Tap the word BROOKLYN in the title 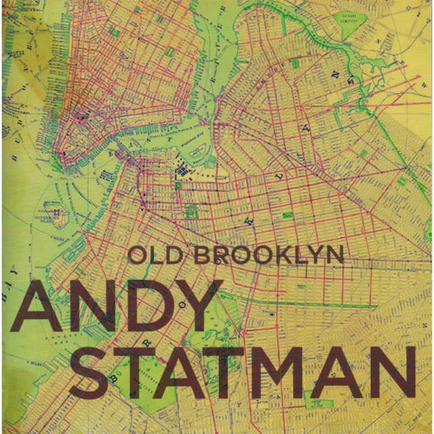pos(269,255)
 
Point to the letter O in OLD pos(138,255)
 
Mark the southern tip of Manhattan pos(64,163)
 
